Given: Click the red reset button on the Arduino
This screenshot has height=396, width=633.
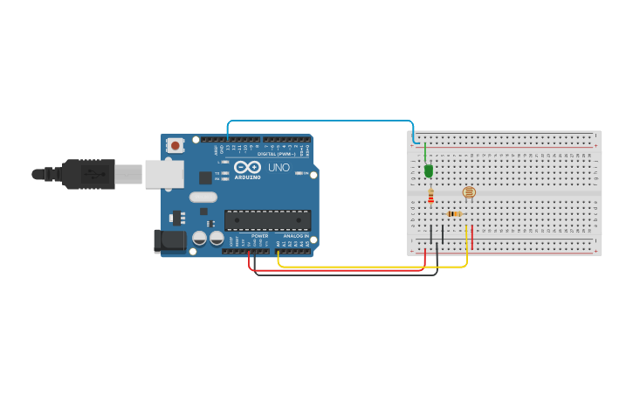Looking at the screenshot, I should click(175, 145).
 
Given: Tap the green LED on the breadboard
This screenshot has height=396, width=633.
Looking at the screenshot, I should click(429, 170).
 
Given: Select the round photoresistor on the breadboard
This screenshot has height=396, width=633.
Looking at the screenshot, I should click(469, 192).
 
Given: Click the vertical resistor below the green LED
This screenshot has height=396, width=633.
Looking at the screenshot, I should click(430, 199).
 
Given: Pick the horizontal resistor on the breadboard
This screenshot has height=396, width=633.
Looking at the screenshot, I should click(454, 213).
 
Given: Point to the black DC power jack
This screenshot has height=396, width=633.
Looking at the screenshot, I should click(169, 241).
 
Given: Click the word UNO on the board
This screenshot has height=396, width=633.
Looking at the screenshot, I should click(279, 167).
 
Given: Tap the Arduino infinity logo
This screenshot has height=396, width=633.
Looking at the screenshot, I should click(247, 166).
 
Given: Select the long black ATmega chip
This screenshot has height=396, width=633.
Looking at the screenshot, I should click(267, 220).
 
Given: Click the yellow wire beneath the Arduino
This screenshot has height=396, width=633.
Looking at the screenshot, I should click(367, 267).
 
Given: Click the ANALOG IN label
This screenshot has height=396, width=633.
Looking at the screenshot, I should click(293, 236).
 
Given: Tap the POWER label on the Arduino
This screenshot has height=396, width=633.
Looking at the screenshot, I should click(259, 236).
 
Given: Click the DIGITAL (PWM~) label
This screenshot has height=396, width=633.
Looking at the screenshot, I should click(277, 154).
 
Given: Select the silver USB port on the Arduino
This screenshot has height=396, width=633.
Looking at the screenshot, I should click(164, 174).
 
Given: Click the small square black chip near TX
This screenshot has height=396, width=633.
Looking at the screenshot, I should click(205, 177).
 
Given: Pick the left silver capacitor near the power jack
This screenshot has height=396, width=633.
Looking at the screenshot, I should click(199, 238).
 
